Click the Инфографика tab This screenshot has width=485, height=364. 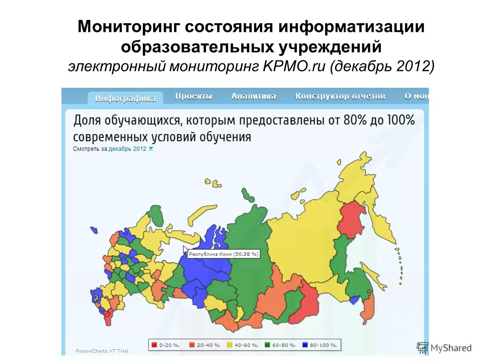pyautogui.click(x=125, y=98)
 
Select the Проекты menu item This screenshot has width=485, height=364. pyautogui.click(x=194, y=96)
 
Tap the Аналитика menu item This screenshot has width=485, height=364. pyautogui.click(x=253, y=96)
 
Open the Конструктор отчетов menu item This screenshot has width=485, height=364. pyautogui.click(x=340, y=96)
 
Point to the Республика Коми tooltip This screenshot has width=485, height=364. pyautogui.click(x=223, y=254)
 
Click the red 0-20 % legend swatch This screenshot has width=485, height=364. pyautogui.click(x=154, y=344)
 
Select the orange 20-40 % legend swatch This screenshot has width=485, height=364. pyautogui.click(x=192, y=344)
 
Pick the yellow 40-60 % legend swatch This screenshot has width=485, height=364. pyautogui.click(x=230, y=344)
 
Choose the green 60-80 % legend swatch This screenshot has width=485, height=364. pyautogui.click(x=268, y=344)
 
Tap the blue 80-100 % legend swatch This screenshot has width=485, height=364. pyautogui.click(x=305, y=344)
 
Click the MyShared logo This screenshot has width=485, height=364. pyautogui.click(x=444, y=348)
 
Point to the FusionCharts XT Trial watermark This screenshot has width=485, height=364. pyautogui.click(x=102, y=351)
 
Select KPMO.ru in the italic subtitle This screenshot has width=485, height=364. pyautogui.click(x=294, y=66)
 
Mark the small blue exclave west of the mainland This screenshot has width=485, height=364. pyautogui.click(x=94, y=230)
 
